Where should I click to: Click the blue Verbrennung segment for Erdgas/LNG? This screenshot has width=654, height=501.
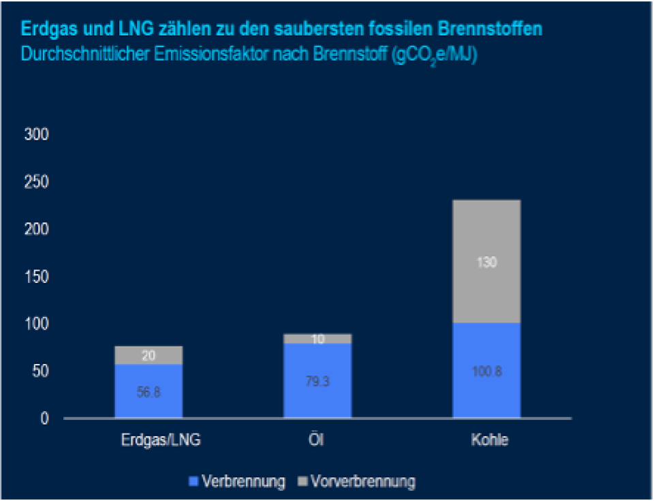click(x=149, y=391)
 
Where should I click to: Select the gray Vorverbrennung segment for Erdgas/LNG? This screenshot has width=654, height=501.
click(x=149, y=355)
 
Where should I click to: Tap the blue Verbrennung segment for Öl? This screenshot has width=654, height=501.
click(x=317, y=380)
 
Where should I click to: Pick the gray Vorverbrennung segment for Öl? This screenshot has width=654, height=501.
click(x=317, y=339)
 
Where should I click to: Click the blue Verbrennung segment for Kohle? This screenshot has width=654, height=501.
click(x=486, y=370)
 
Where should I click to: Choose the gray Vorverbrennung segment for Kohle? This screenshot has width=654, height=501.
click(x=486, y=261)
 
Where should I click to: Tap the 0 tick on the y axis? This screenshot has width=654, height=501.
click(x=44, y=419)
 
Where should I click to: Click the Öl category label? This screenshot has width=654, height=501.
click(x=317, y=440)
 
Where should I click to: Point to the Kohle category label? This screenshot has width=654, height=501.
click(x=489, y=440)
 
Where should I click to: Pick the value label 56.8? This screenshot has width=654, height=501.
click(x=149, y=393)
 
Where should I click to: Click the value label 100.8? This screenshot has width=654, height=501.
click(x=486, y=372)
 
